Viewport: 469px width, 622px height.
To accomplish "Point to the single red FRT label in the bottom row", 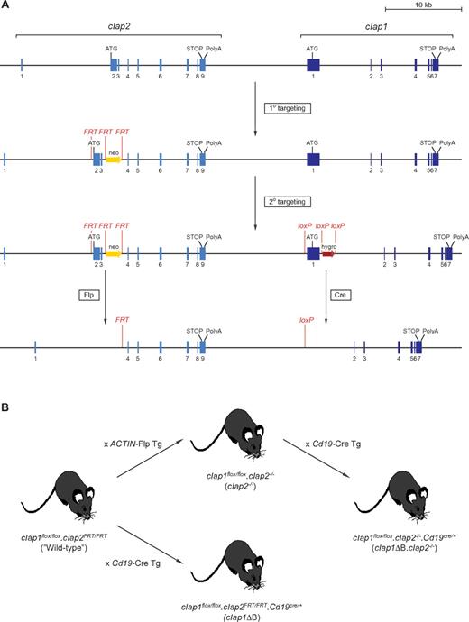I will click(x=121, y=319).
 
